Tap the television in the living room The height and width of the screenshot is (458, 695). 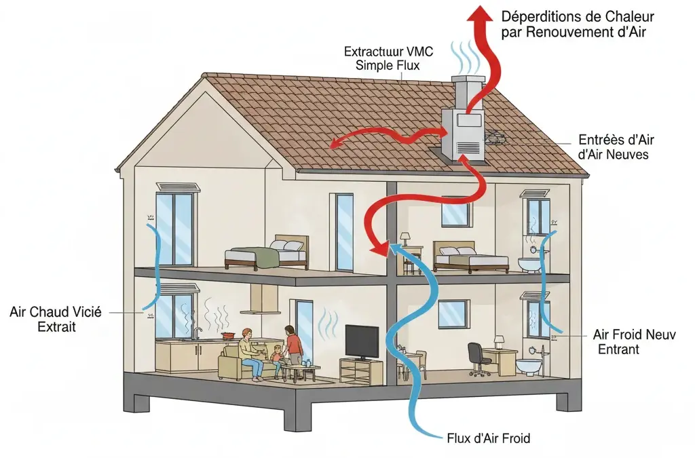pos(361,342)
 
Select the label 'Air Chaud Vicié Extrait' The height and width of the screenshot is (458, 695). pos(56,320)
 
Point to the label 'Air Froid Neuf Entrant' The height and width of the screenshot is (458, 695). pos(634,342)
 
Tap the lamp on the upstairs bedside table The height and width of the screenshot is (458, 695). pos(405,238)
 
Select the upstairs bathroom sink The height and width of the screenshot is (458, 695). pos(527,263)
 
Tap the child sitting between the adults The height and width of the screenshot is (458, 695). pos(277,355)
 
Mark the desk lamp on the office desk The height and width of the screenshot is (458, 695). pos(499,340)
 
